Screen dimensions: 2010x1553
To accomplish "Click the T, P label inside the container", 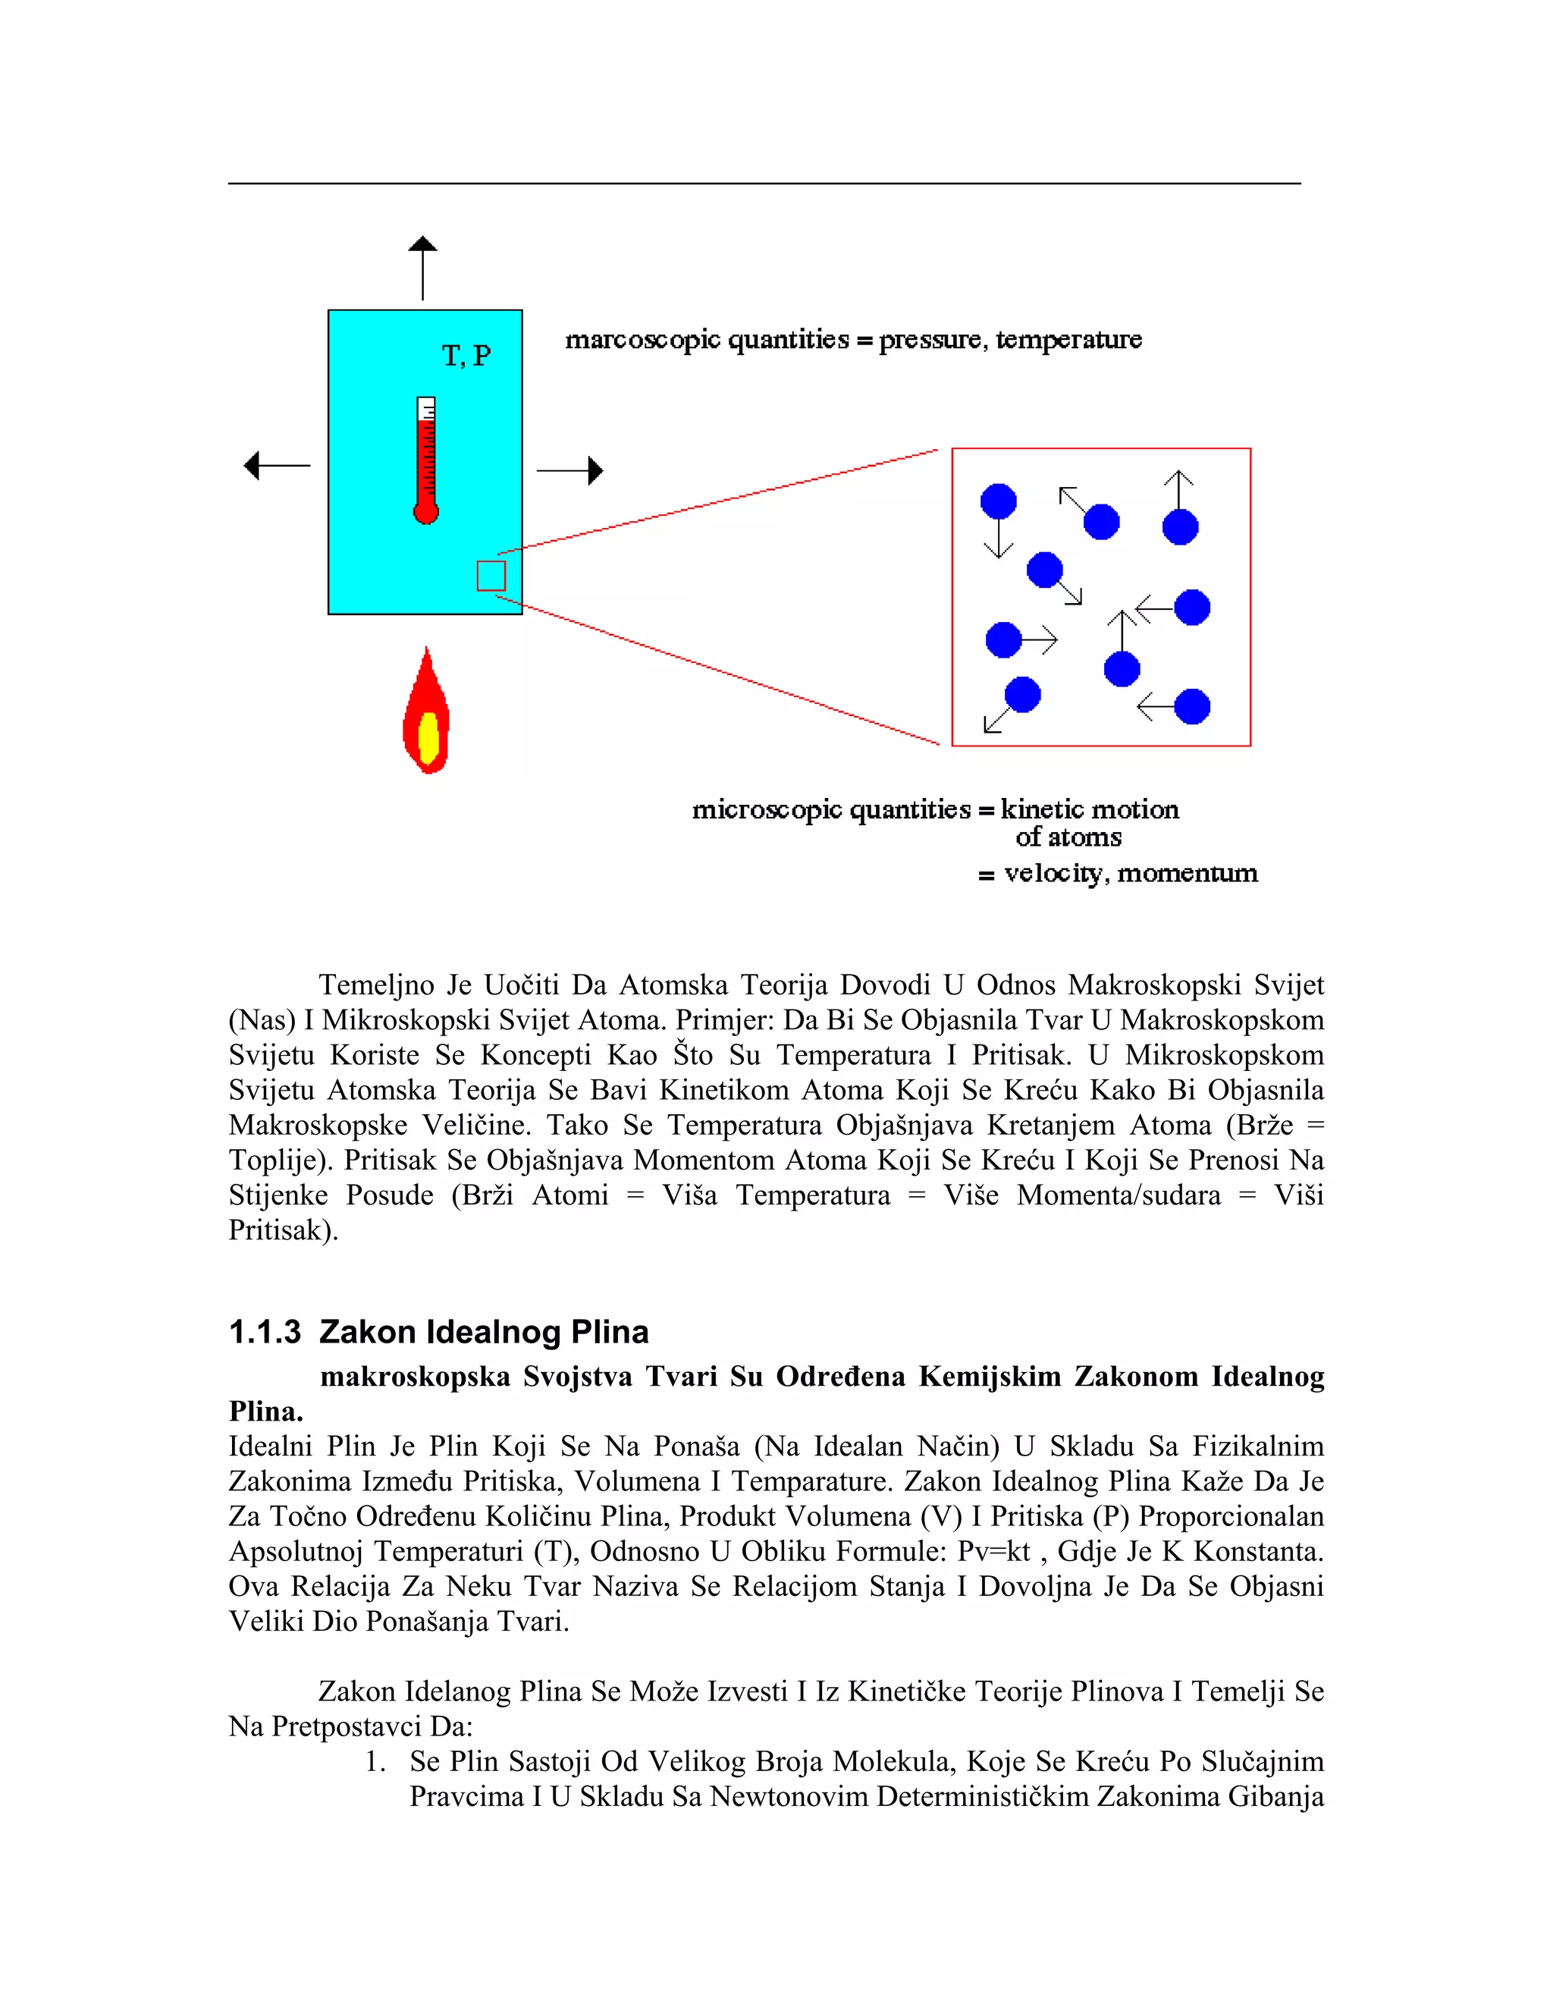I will tap(466, 356).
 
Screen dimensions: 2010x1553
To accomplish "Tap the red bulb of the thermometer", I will tap(426, 512).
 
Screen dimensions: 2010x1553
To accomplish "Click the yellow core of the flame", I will tap(428, 737).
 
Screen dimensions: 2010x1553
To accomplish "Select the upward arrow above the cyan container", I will tap(423, 267).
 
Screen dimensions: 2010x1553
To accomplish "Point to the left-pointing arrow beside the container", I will tap(276, 466).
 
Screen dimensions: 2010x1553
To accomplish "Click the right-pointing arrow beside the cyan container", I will tap(569, 470).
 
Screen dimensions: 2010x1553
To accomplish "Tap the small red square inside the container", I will tap(491, 576).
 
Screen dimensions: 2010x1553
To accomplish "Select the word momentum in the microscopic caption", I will tap(1187, 873).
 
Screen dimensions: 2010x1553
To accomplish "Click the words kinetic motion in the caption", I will tap(1090, 810).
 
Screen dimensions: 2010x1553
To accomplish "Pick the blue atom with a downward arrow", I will tap(998, 501).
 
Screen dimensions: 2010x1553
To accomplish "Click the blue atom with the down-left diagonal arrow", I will tap(1022, 695).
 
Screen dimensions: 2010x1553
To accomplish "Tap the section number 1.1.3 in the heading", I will tap(265, 1333).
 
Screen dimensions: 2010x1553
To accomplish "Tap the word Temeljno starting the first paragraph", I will tap(375, 986).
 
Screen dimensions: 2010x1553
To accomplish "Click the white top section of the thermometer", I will tap(426, 408).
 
